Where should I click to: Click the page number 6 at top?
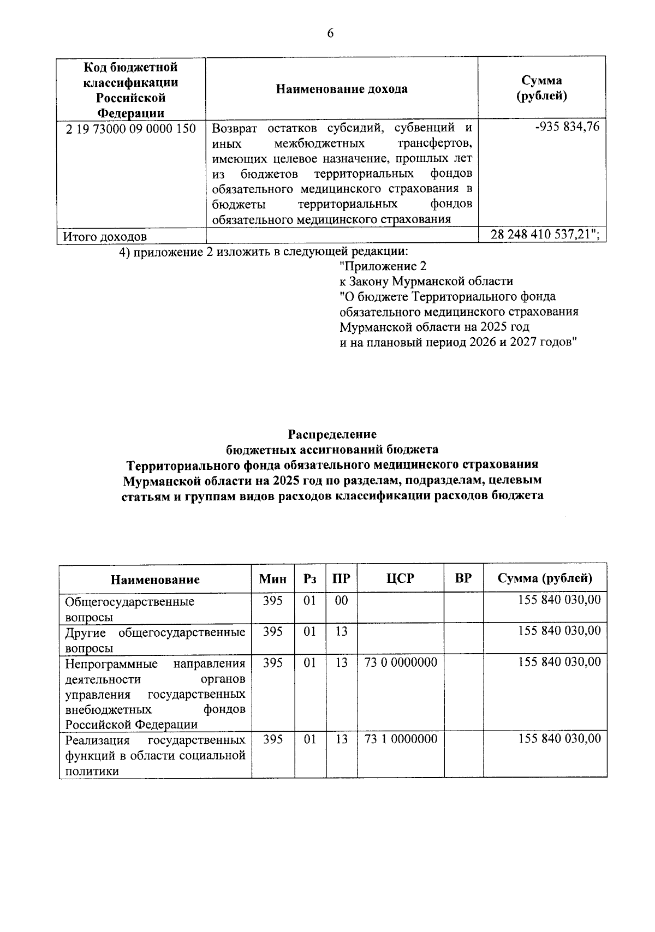[x=330, y=34]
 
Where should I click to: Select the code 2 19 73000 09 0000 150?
[x=130, y=129]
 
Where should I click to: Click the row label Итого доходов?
[x=105, y=237]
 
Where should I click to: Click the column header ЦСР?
[x=400, y=578]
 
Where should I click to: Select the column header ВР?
[x=463, y=578]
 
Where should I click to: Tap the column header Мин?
[x=272, y=579]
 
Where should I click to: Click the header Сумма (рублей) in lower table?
[x=544, y=578]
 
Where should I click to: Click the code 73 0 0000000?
[x=401, y=662]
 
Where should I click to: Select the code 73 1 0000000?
[x=401, y=739]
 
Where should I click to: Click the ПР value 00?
[x=341, y=600]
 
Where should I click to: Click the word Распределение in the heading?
[x=332, y=434]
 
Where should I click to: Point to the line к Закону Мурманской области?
[x=426, y=282]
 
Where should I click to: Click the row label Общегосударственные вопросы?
[x=129, y=608]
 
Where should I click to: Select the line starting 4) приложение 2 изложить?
[x=264, y=252]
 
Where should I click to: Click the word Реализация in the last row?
[x=97, y=740]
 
